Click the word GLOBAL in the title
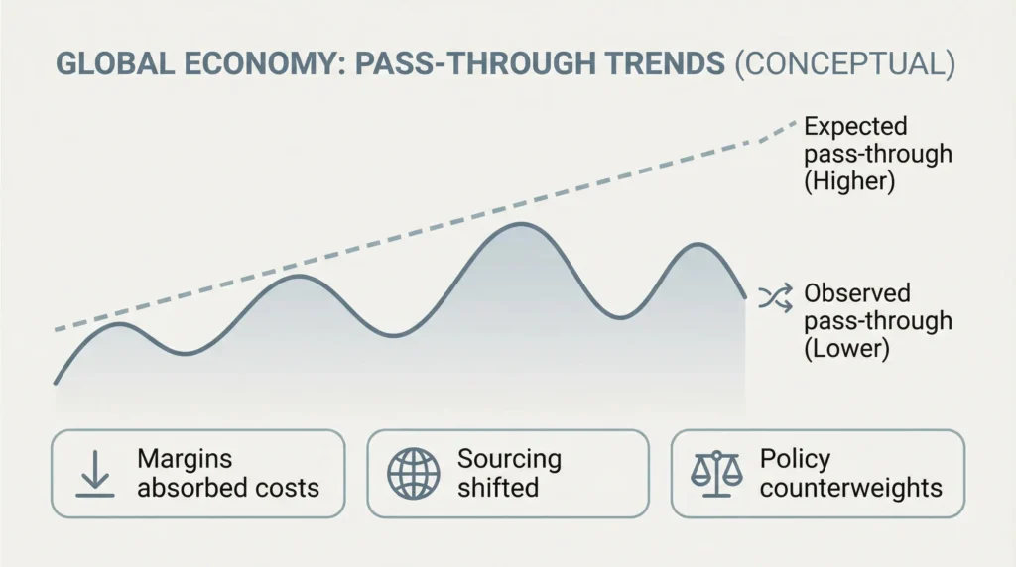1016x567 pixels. [115, 63]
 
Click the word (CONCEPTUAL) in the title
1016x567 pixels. [845, 64]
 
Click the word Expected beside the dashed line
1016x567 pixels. [855, 126]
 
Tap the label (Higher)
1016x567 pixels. [849, 180]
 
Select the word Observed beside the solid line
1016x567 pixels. [857, 293]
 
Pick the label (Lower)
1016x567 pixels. [847, 348]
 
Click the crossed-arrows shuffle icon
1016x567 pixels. [775, 297]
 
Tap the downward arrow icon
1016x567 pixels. [95, 474]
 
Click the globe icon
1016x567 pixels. [414, 474]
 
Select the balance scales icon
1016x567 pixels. [716, 474]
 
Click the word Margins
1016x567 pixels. [185, 459]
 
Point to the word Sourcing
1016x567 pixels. [509, 459]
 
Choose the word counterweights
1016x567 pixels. [850, 488]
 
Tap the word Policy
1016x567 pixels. [795, 459]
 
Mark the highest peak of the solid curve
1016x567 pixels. [521, 224]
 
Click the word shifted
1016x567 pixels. [498, 488]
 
